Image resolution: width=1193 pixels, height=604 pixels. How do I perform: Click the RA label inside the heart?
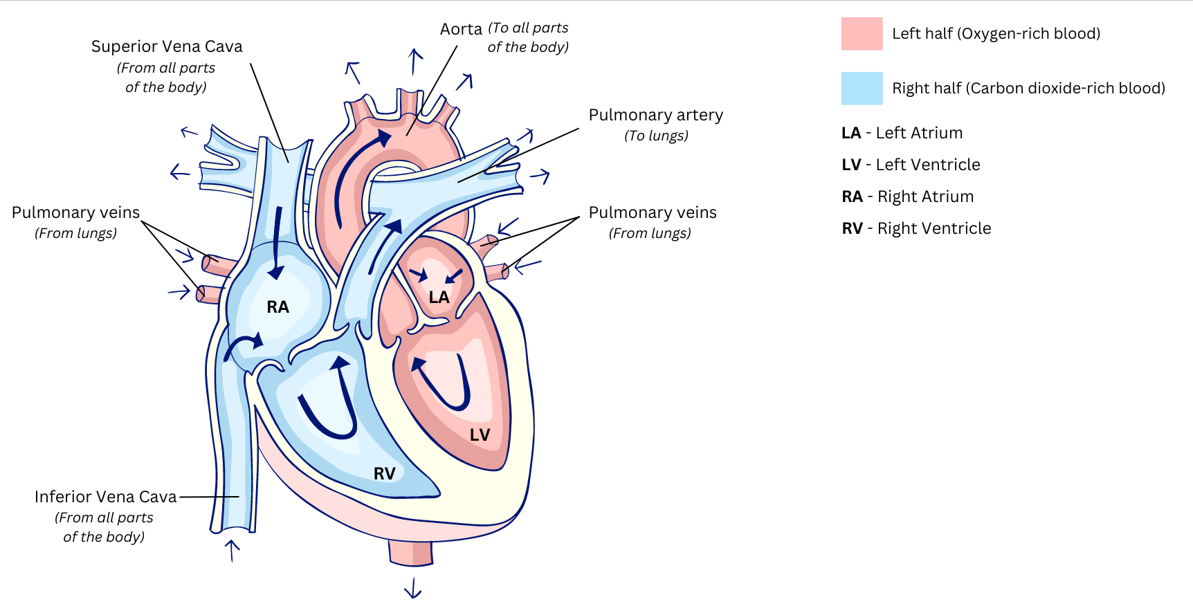(x=277, y=307)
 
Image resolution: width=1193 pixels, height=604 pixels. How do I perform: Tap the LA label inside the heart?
(x=439, y=298)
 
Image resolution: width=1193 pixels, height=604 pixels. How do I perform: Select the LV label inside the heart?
(x=480, y=435)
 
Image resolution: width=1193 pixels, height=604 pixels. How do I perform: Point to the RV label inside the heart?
(x=384, y=474)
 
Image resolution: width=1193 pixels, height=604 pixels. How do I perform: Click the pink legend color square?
(x=862, y=34)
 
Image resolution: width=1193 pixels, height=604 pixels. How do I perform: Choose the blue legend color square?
(x=862, y=89)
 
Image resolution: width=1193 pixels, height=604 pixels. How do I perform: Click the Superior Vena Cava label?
(x=167, y=47)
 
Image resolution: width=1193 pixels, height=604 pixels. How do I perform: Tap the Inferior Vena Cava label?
(x=106, y=497)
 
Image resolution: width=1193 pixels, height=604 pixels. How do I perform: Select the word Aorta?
(x=461, y=30)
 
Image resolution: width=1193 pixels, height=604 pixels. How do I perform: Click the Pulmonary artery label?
(x=655, y=115)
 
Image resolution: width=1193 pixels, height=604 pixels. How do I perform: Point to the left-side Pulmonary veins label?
(x=75, y=213)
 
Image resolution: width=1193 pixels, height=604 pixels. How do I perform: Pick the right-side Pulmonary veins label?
(x=653, y=213)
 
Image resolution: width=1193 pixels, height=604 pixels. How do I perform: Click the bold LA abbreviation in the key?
(x=851, y=134)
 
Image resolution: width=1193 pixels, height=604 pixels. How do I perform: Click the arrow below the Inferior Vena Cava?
(x=233, y=550)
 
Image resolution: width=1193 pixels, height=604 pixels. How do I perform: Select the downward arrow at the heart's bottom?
(x=413, y=587)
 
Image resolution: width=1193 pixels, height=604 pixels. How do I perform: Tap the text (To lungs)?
(x=656, y=136)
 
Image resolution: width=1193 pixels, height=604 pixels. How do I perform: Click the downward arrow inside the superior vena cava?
(x=277, y=242)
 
